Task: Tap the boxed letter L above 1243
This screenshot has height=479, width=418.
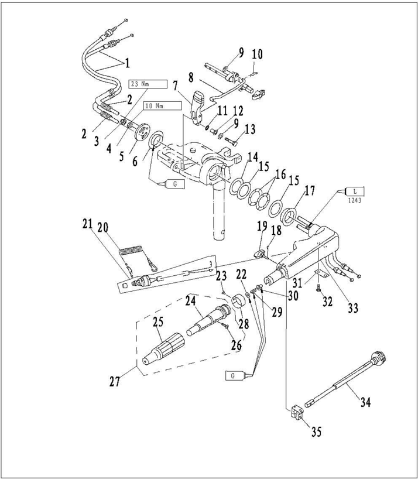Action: [355, 190]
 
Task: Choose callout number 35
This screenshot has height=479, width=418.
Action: [316, 433]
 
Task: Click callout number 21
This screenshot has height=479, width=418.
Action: [88, 224]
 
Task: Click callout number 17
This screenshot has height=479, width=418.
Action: [309, 190]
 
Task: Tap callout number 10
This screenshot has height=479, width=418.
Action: [257, 55]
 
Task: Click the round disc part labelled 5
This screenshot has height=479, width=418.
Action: [141, 132]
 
